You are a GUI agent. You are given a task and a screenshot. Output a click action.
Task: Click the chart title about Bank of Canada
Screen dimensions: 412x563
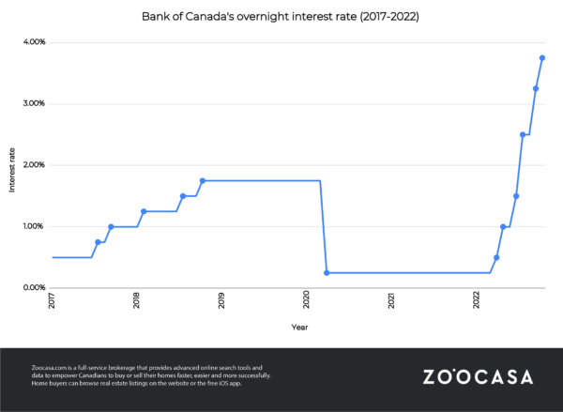281,17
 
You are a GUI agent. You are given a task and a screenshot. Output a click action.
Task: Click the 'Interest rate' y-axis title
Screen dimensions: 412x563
12,169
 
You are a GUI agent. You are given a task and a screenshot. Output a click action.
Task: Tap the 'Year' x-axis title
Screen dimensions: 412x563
298,328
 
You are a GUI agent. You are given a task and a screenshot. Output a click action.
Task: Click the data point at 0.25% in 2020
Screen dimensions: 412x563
327,272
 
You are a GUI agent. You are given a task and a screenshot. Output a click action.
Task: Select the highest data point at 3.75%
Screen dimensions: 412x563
542,58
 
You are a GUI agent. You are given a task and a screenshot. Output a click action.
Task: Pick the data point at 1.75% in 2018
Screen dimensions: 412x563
203,180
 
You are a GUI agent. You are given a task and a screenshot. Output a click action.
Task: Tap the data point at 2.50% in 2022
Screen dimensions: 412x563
523,134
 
